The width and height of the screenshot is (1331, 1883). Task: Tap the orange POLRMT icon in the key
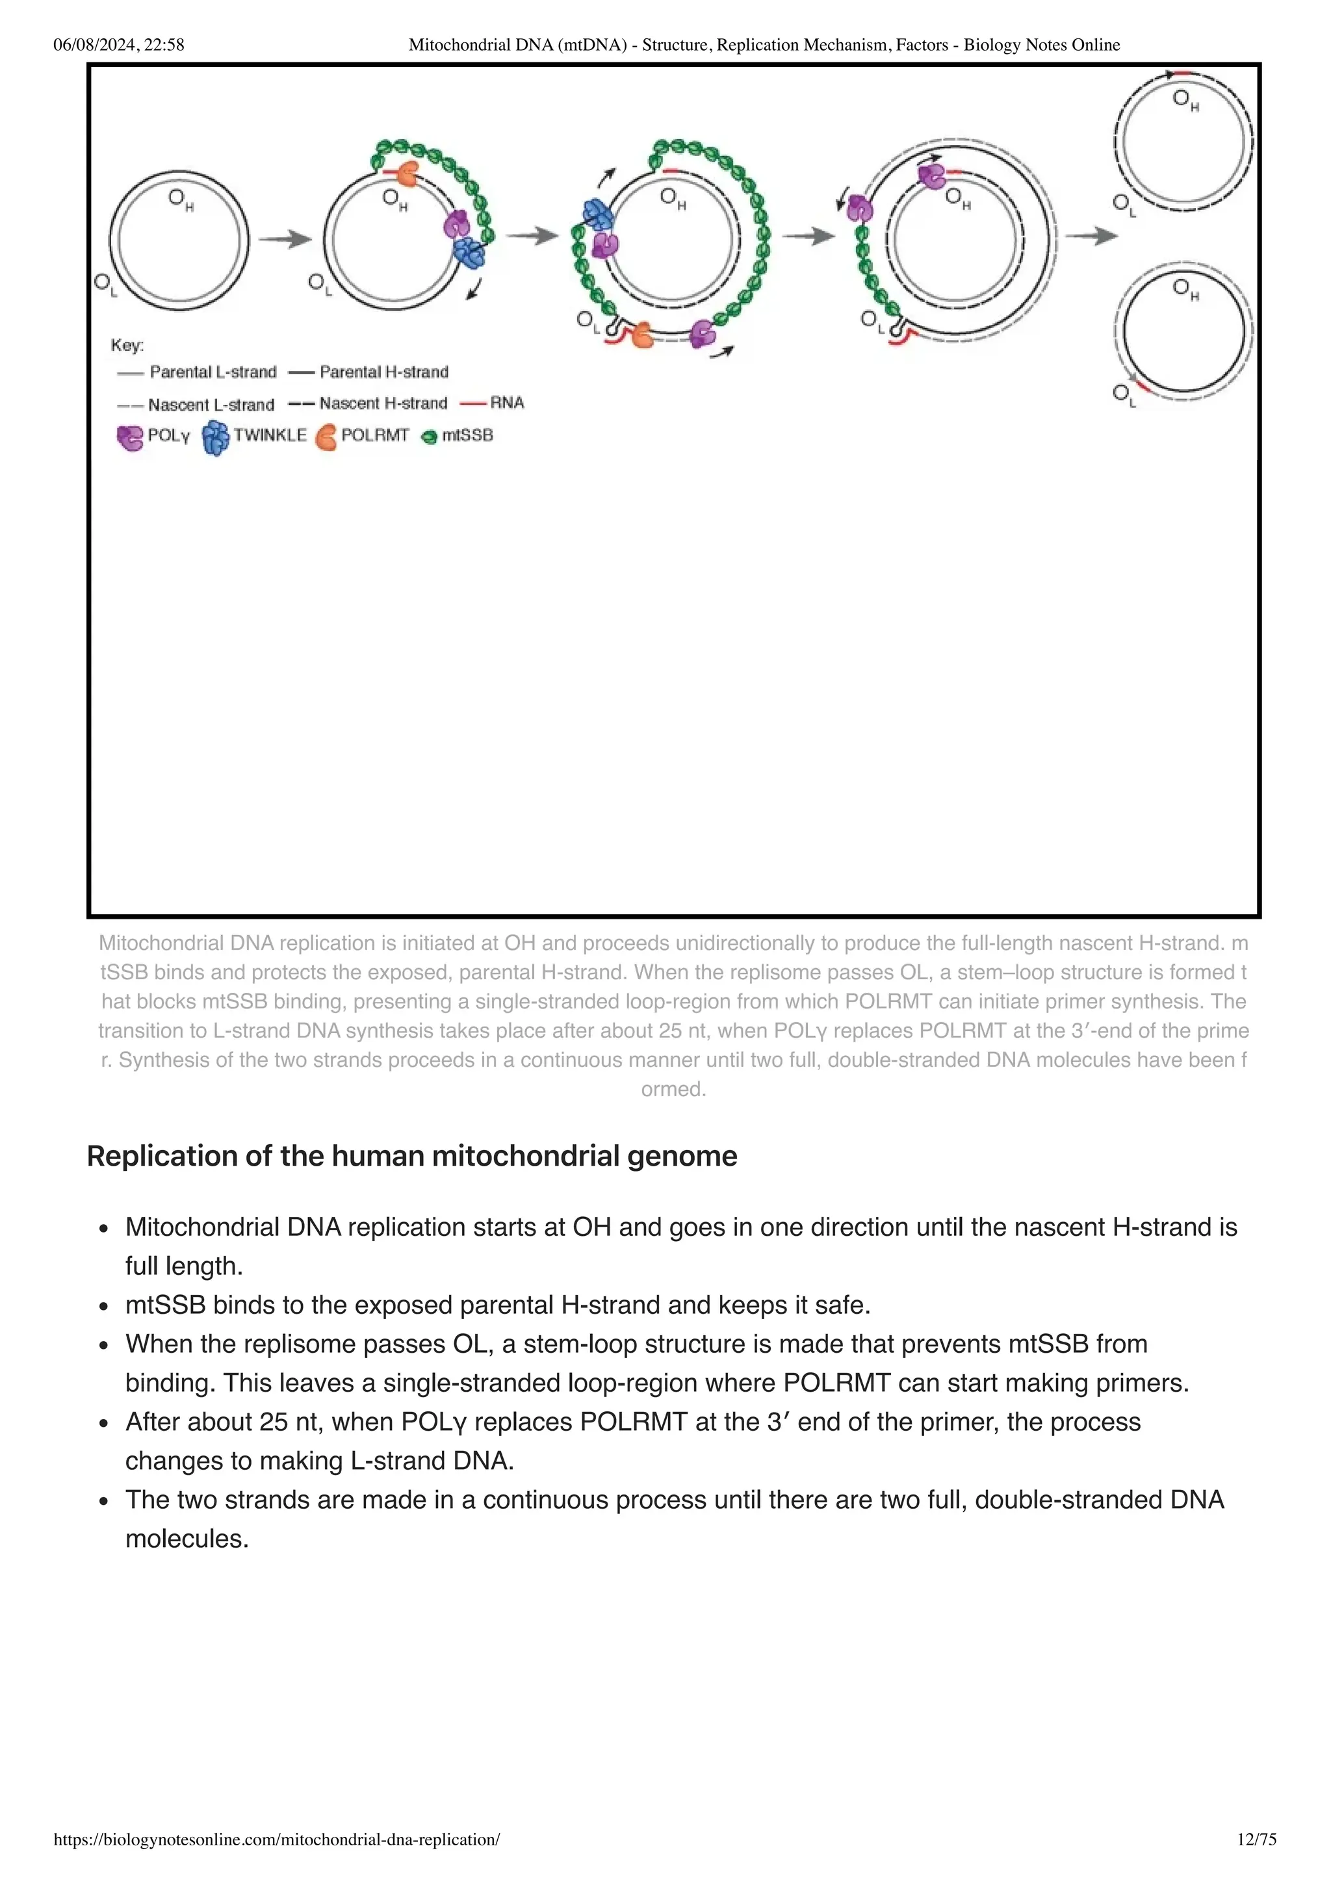coord(326,436)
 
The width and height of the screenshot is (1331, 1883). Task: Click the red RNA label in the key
coord(506,403)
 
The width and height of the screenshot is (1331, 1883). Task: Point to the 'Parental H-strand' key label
coord(384,372)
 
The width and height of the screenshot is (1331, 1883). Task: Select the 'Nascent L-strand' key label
coord(211,404)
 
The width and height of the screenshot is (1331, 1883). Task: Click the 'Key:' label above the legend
coord(127,345)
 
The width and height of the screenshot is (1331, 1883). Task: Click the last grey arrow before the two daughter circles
coord(1092,237)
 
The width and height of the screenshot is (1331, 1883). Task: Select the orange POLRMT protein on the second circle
coord(407,174)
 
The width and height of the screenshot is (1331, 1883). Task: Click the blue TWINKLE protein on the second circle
coord(470,253)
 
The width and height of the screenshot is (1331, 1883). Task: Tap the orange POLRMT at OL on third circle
coord(641,335)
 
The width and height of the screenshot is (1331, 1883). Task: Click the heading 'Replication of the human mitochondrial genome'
coord(411,1157)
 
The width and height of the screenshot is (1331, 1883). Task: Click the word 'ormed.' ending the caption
coord(673,1089)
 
